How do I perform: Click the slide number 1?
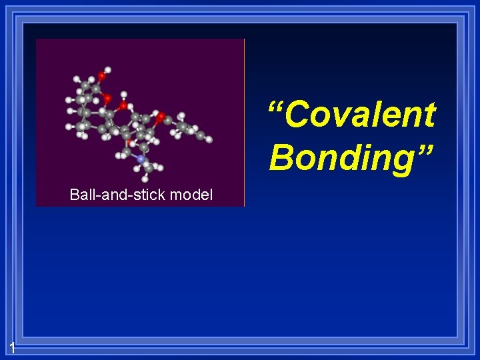click(x=12, y=347)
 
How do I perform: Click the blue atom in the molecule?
click(x=141, y=159)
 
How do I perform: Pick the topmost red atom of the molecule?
click(x=101, y=75)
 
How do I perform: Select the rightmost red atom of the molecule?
click(x=161, y=117)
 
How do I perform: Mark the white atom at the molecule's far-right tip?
click(x=209, y=139)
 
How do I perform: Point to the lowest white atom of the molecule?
click(x=146, y=179)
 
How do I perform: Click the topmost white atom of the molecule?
click(x=108, y=69)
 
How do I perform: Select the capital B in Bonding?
click(x=282, y=157)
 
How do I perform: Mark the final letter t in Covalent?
click(x=428, y=115)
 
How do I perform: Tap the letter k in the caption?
click(x=163, y=195)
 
